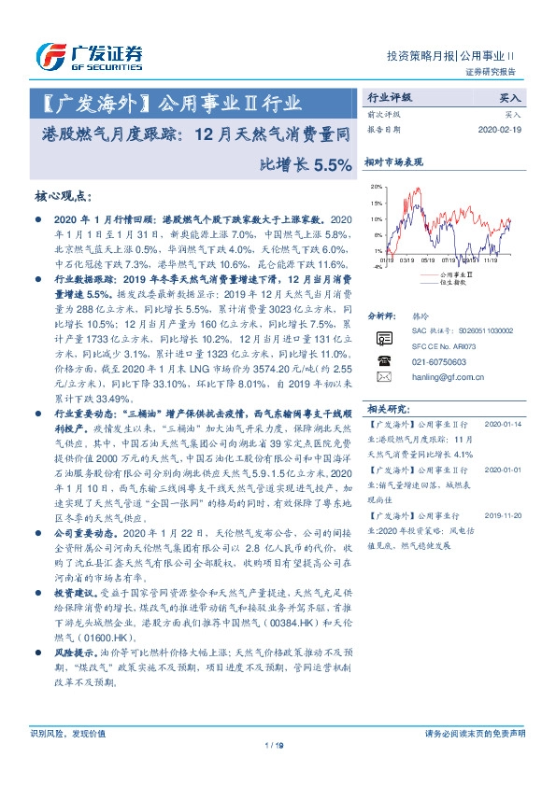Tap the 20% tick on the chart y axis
coord(376,187)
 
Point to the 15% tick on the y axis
coord(376,203)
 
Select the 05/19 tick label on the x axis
coord(428,260)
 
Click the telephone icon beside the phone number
coord(382,359)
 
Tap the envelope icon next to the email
coord(382,377)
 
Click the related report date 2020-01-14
coord(507,424)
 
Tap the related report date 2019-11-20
coord(507,514)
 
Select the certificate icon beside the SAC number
coord(382,338)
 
